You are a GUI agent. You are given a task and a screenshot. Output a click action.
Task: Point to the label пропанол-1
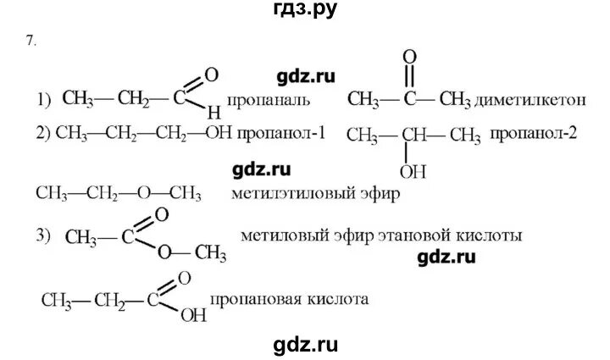[291, 134]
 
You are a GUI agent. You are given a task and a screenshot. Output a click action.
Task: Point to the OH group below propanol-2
[413, 172]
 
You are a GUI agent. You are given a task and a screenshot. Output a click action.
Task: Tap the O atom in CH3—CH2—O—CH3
[144, 193]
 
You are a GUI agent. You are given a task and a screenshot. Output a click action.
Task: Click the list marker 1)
[45, 101]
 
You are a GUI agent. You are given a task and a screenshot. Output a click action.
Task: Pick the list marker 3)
[45, 234]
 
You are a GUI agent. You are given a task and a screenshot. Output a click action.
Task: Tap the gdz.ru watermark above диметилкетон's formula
[302, 75]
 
